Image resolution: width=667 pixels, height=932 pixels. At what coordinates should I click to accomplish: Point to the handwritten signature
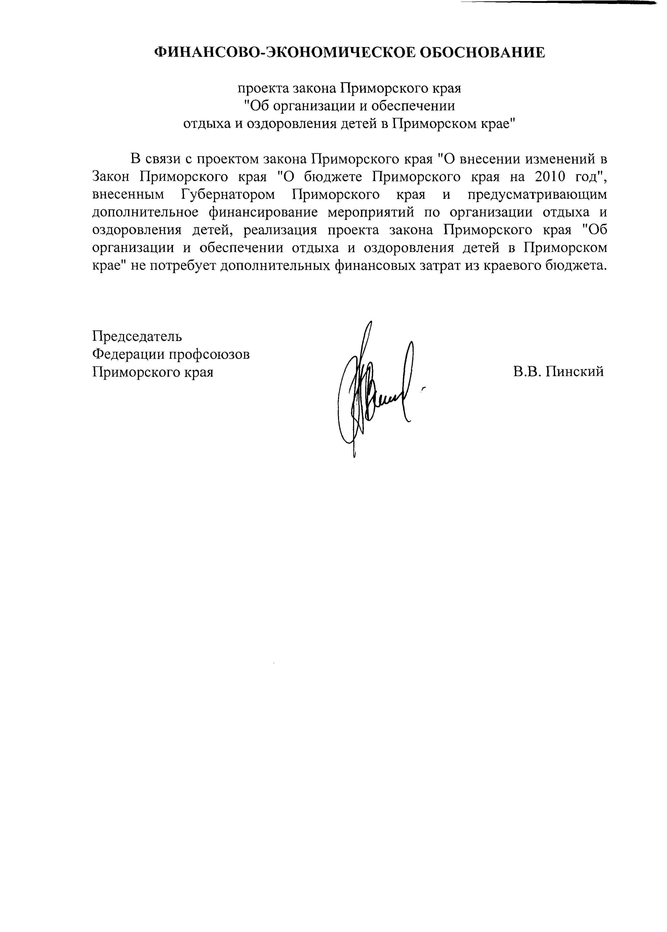coord(374,390)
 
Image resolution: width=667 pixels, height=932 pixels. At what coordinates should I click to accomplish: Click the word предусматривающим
coord(537,195)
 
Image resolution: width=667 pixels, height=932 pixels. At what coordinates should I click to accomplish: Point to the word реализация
coord(281,230)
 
